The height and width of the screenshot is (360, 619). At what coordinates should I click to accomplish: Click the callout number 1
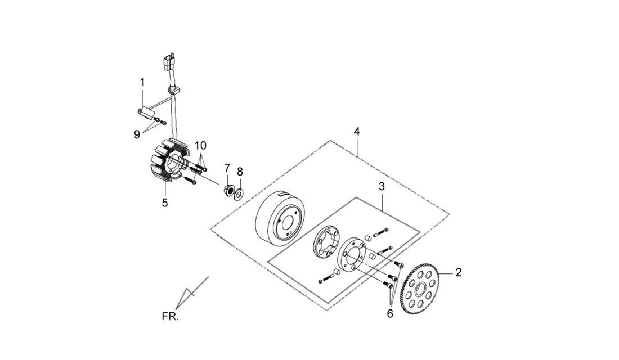click(142, 83)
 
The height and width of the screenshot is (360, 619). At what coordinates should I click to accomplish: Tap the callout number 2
click(458, 272)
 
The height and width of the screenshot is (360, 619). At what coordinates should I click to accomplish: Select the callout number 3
click(382, 186)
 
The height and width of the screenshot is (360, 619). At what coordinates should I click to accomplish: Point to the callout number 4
click(356, 132)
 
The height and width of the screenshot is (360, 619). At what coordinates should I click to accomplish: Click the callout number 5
click(165, 202)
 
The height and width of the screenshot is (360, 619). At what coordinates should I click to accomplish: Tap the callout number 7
click(227, 168)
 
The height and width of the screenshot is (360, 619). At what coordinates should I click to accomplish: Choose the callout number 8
click(240, 172)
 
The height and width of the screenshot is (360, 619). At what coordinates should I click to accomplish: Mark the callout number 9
click(137, 134)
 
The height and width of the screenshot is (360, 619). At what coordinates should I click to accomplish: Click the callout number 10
click(200, 145)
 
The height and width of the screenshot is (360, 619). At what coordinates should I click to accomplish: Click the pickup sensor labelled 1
click(146, 111)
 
